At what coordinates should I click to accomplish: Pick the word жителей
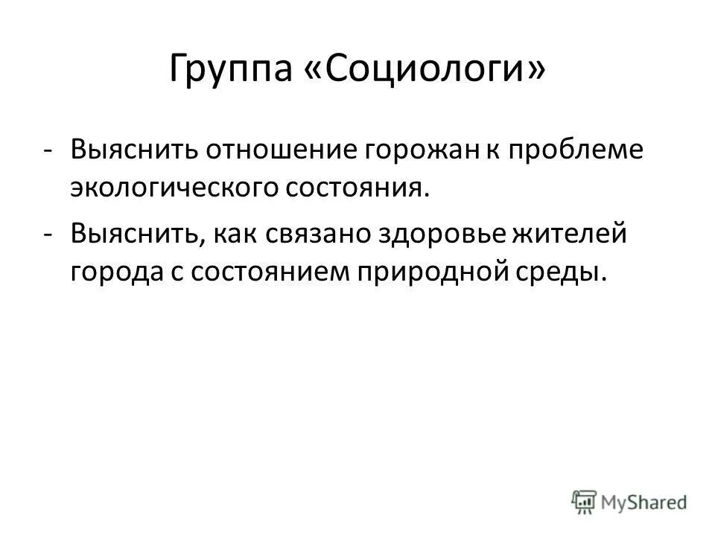[572, 234]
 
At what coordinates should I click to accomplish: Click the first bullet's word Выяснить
[122, 150]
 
